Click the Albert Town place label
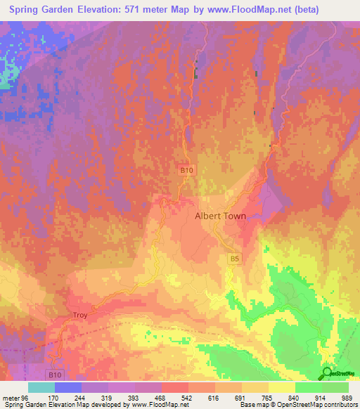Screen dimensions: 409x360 point(220,216)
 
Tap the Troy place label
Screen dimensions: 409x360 point(80,316)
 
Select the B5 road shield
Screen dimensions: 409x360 point(235,259)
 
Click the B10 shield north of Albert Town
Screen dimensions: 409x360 point(185,171)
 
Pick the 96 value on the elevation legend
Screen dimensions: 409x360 point(25,397)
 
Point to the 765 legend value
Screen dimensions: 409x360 point(268,397)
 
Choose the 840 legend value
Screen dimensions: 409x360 point(295,397)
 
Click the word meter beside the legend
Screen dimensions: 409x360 point(11,397)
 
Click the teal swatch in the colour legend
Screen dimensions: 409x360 point(41,387)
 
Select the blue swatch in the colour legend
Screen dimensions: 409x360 point(68,387)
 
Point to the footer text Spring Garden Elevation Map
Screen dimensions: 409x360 point(49,405)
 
